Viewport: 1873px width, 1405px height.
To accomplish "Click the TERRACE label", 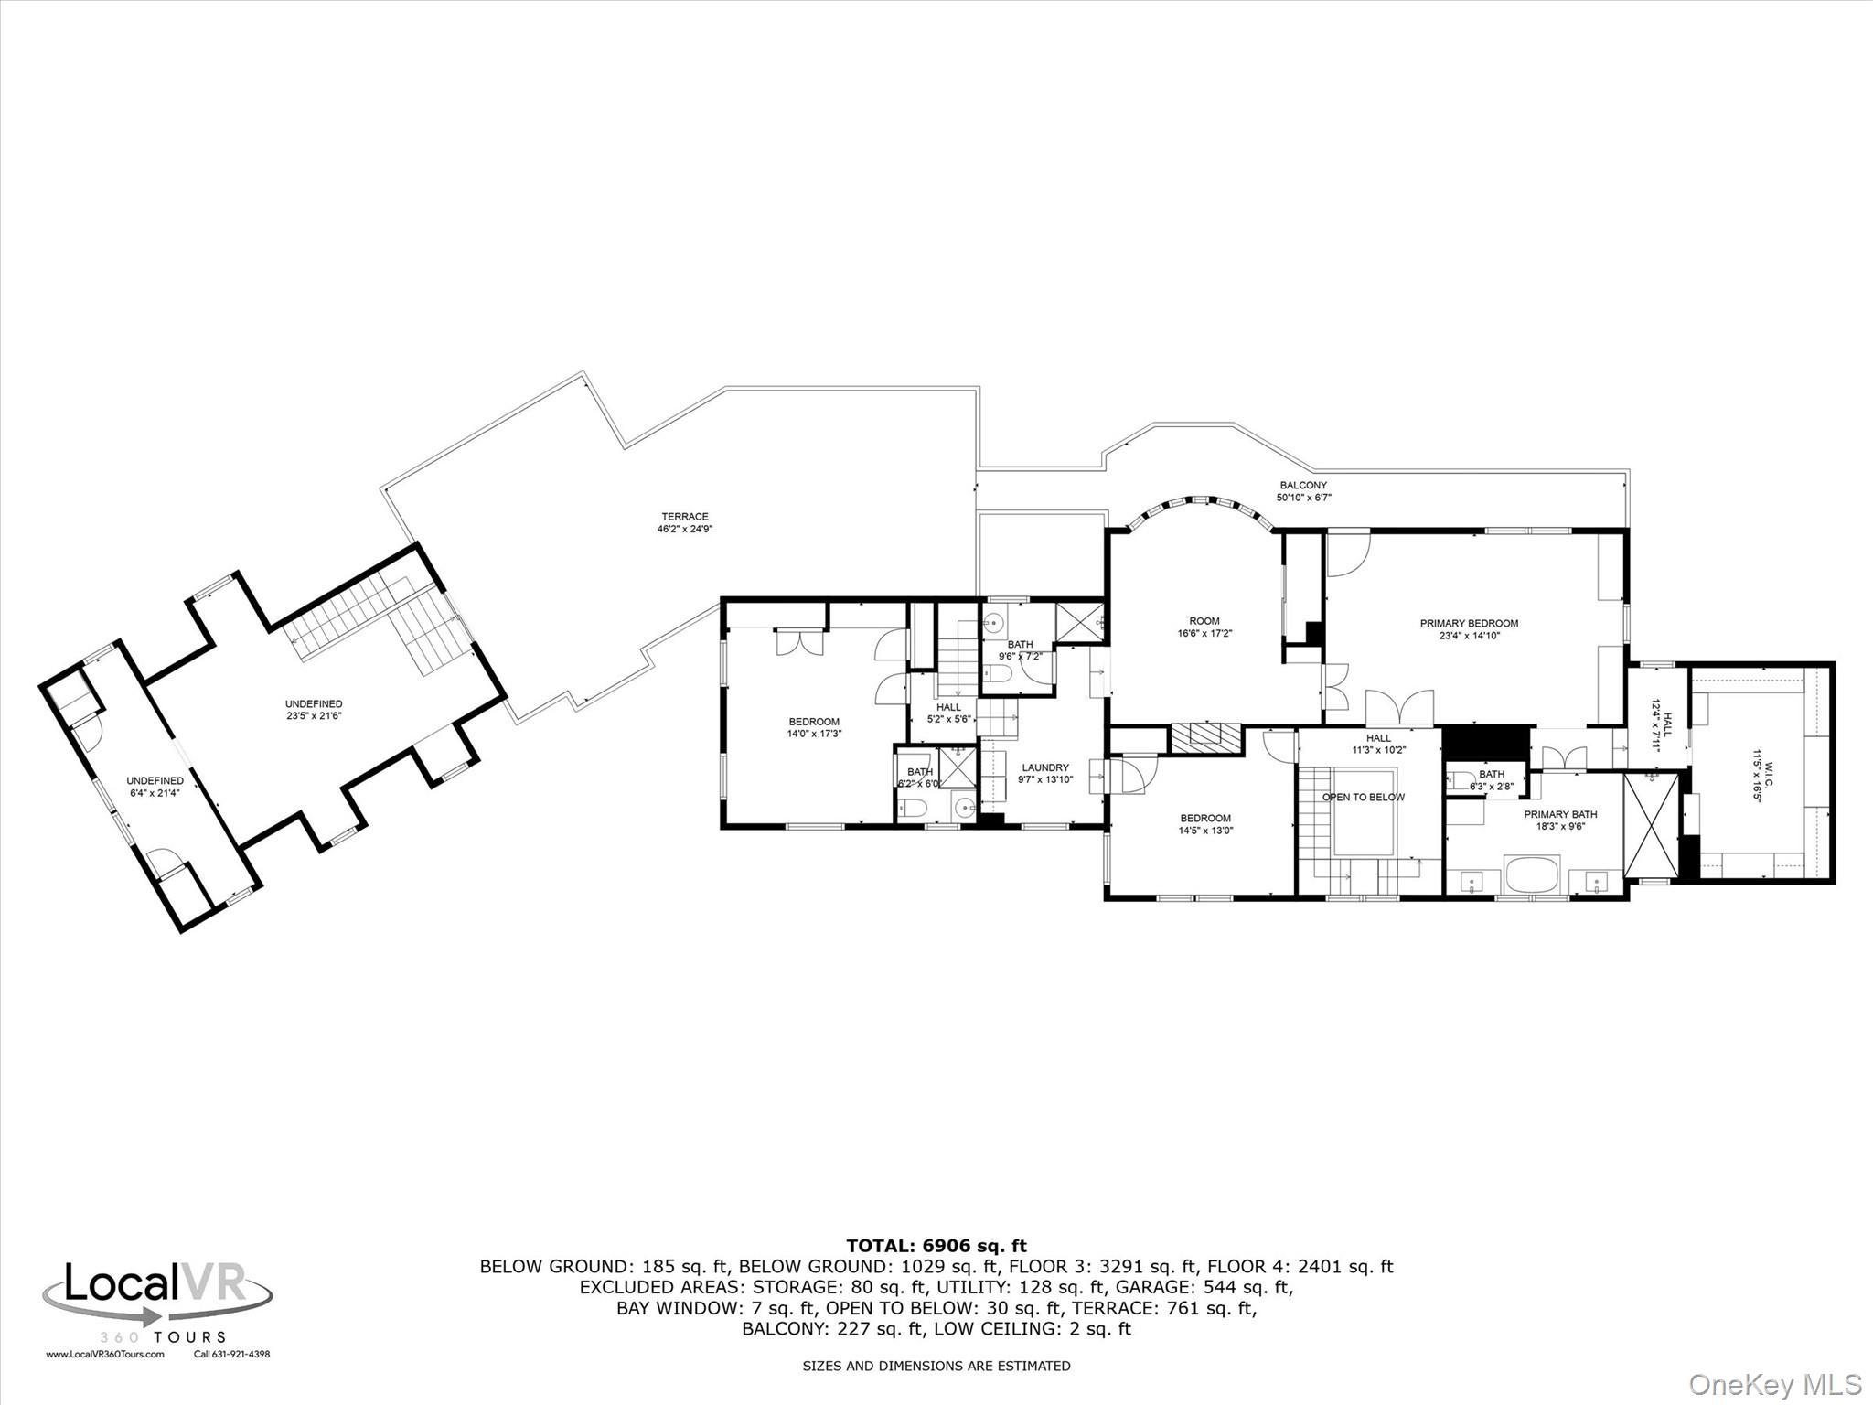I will click(x=685, y=517).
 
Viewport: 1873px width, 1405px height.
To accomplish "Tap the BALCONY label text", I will click(x=1303, y=486).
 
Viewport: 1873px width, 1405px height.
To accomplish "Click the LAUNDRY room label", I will click(x=1045, y=768).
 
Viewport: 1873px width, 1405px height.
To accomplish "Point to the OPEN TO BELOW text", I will click(x=1363, y=798).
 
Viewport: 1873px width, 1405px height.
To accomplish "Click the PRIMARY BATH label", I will click(x=1560, y=814).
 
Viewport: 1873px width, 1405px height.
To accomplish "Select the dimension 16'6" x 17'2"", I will click(x=1204, y=633).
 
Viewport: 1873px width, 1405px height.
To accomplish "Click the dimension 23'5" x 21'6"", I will click(x=314, y=716).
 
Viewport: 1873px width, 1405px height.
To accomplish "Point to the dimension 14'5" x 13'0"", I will click(x=1205, y=831).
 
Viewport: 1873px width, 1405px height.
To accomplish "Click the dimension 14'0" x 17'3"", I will click(x=814, y=734).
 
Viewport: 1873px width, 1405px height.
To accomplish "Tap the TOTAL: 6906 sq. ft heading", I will click(x=936, y=1246).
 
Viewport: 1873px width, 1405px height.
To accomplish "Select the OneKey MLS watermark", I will click(x=1774, y=1384).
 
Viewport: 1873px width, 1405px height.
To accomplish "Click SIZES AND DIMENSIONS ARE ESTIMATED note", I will click(x=936, y=1366).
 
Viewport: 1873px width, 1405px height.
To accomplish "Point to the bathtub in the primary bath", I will click(x=1533, y=874).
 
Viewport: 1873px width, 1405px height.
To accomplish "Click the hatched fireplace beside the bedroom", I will click(x=1206, y=738).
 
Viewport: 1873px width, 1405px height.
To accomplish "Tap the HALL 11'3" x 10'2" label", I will click(x=1378, y=744).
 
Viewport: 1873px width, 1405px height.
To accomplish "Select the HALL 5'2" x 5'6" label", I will click(x=948, y=713).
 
